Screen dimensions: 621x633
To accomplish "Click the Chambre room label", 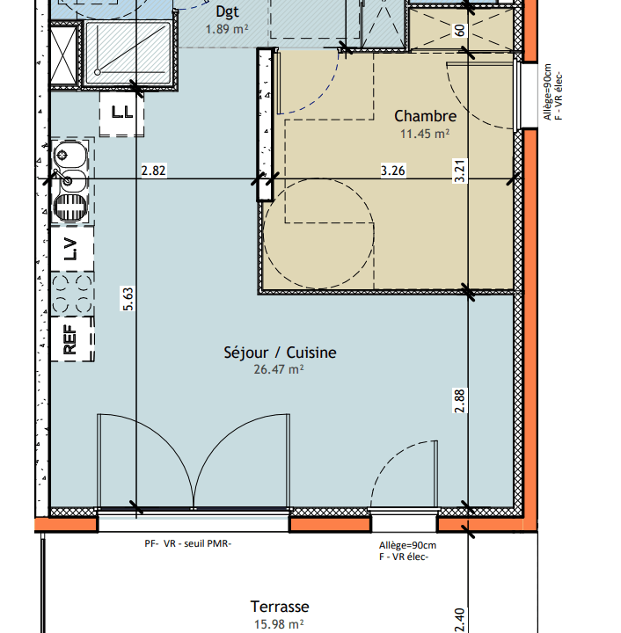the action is point(425,116).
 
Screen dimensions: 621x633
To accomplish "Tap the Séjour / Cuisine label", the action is point(280,353).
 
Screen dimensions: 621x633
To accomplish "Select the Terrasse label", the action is point(280,607).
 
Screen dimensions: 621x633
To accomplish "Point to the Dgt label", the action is point(227,11).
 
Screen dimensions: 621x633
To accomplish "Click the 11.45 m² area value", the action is point(425,134).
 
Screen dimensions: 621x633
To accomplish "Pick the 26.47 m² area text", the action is point(279,369).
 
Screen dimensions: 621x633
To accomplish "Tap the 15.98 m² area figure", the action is point(279,624).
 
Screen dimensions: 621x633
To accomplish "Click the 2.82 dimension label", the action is point(153,171).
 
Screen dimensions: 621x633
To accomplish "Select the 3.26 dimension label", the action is point(393,171).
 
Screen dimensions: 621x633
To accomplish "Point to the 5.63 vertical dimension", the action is point(128,299).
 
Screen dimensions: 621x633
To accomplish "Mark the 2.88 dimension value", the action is point(460,401).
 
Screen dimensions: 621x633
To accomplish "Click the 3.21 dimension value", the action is point(460,171).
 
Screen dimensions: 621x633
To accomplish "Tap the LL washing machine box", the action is point(121,114).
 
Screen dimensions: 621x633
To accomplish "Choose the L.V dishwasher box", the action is point(72,249).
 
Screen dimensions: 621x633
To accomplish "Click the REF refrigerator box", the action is point(72,339).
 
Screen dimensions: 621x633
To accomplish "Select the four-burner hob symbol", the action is point(72,294).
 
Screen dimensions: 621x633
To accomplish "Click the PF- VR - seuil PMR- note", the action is point(187,543).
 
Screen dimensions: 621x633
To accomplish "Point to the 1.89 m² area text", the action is point(227,29).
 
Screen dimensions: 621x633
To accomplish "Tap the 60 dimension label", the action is point(460,31).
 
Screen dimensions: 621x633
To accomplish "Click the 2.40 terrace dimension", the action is point(460,620).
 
